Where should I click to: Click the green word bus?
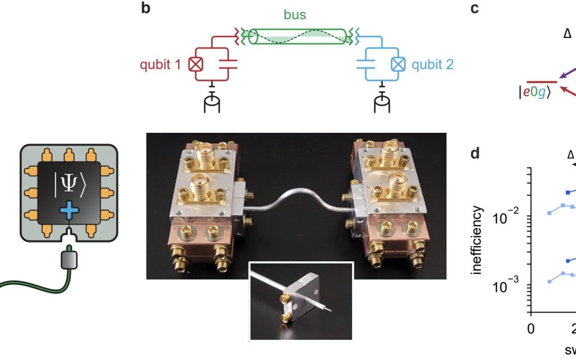pyautogui.click(x=294, y=14)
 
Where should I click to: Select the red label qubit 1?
pyautogui.click(x=159, y=65)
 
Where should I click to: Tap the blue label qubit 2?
pyautogui.click(x=433, y=65)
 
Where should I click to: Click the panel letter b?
pyautogui.click(x=146, y=9)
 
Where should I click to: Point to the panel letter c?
pyautogui.click(x=475, y=9)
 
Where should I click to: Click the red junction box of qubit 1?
pyautogui.click(x=196, y=65)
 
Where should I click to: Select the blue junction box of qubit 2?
pyautogui.click(x=397, y=65)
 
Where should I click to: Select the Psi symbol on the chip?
pyautogui.click(x=69, y=185)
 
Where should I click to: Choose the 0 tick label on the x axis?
pyautogui.click(x=531, y=328)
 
